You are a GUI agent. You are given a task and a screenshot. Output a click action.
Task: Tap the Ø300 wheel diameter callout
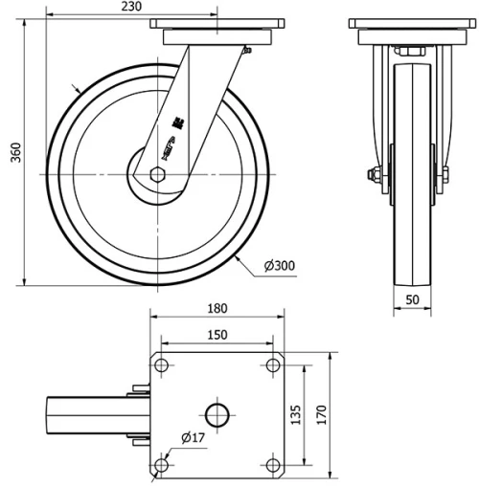(278, 265)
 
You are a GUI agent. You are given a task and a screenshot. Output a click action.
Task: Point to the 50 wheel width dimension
(414, 299)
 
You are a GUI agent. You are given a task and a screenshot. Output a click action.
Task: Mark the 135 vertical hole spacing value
(296, 414)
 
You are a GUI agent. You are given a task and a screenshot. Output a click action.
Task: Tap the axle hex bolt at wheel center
(158, 174)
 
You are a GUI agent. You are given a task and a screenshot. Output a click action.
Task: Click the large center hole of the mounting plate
(217, 414)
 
